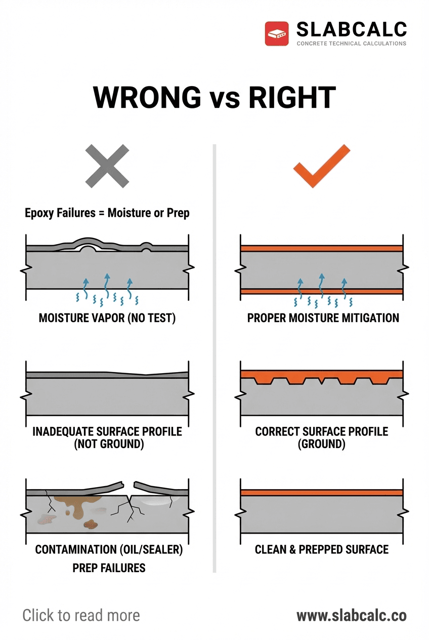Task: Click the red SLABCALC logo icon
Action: point(277,33)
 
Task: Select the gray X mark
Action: point(107,166)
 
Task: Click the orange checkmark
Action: point(322,168)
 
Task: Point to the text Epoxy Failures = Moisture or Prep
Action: point(107,213)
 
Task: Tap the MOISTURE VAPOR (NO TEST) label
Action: point(107,318)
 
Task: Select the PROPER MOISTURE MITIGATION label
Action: point(323,318)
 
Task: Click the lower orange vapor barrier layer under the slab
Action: point(322,291)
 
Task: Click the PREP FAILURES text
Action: point(109,568)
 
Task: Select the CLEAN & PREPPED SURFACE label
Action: point(322,549)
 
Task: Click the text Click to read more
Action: point(81,615)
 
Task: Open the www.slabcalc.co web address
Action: point(351,616)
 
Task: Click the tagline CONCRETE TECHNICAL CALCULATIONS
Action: point(351,44)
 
